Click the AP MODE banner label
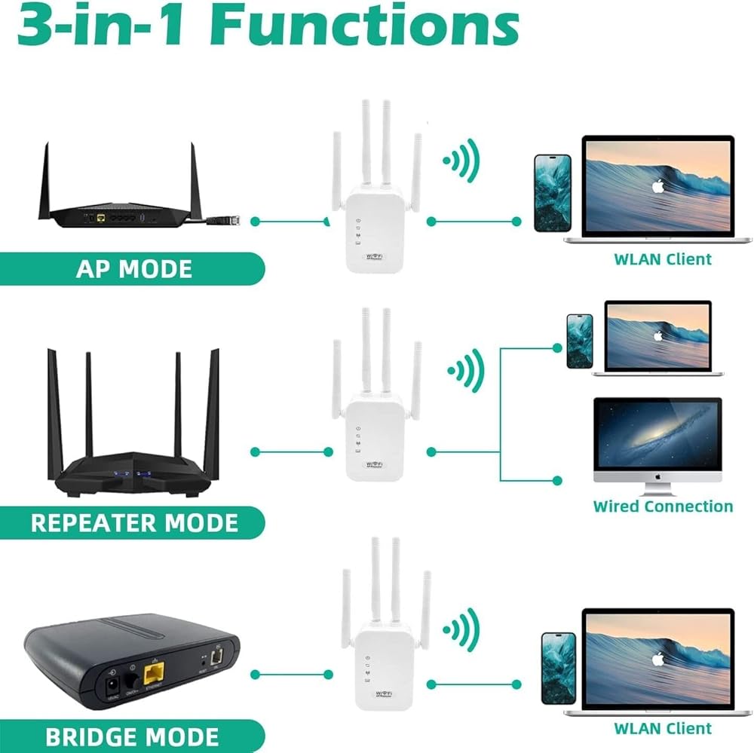133,269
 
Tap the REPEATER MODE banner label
133,522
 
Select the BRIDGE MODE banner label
132,736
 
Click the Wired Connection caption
663,507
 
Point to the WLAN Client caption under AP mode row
663,259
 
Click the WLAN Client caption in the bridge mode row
663,728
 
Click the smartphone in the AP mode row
552,192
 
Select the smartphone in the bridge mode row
558,669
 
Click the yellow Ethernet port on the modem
155,668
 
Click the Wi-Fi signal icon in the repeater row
465,369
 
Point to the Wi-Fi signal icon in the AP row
461,160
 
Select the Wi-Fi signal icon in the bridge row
461,631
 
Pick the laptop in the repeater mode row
657,338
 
